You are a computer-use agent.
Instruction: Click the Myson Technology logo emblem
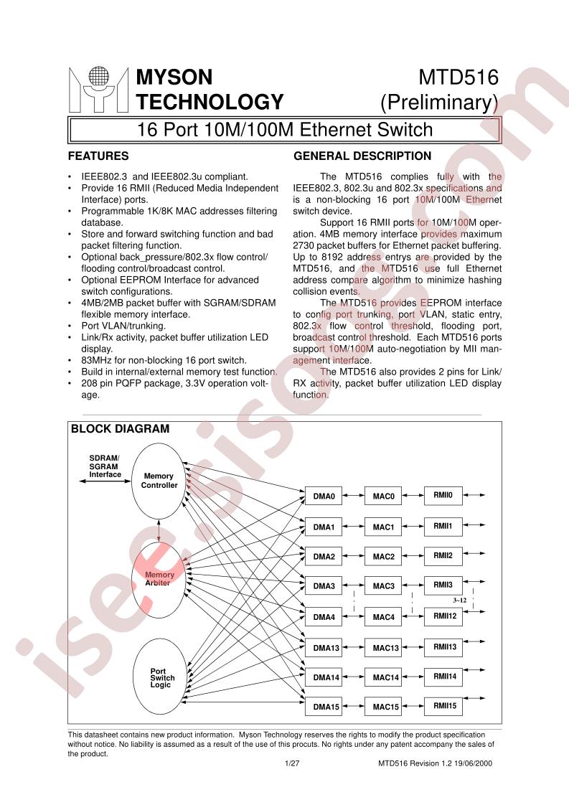pos(98,90)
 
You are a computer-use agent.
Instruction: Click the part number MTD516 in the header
pos(459,77)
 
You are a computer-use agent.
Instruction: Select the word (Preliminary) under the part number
pos(440,103)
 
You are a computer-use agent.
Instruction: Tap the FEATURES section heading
pos(98,156)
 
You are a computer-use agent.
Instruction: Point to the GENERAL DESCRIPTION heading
pos(362,156)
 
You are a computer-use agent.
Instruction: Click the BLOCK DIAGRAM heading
pos(120,428)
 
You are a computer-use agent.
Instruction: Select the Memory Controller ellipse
pos(159,481)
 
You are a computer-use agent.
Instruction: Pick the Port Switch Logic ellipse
pos(159,677)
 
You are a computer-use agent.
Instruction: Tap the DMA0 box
pos(324,496)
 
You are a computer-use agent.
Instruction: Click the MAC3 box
pos(383,586)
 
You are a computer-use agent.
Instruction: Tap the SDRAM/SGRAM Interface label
pos(105,466)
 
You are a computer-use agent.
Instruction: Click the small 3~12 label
pos(460,600)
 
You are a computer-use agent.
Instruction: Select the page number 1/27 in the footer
pos(292,763)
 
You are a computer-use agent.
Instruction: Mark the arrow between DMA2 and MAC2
pos(353,557)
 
